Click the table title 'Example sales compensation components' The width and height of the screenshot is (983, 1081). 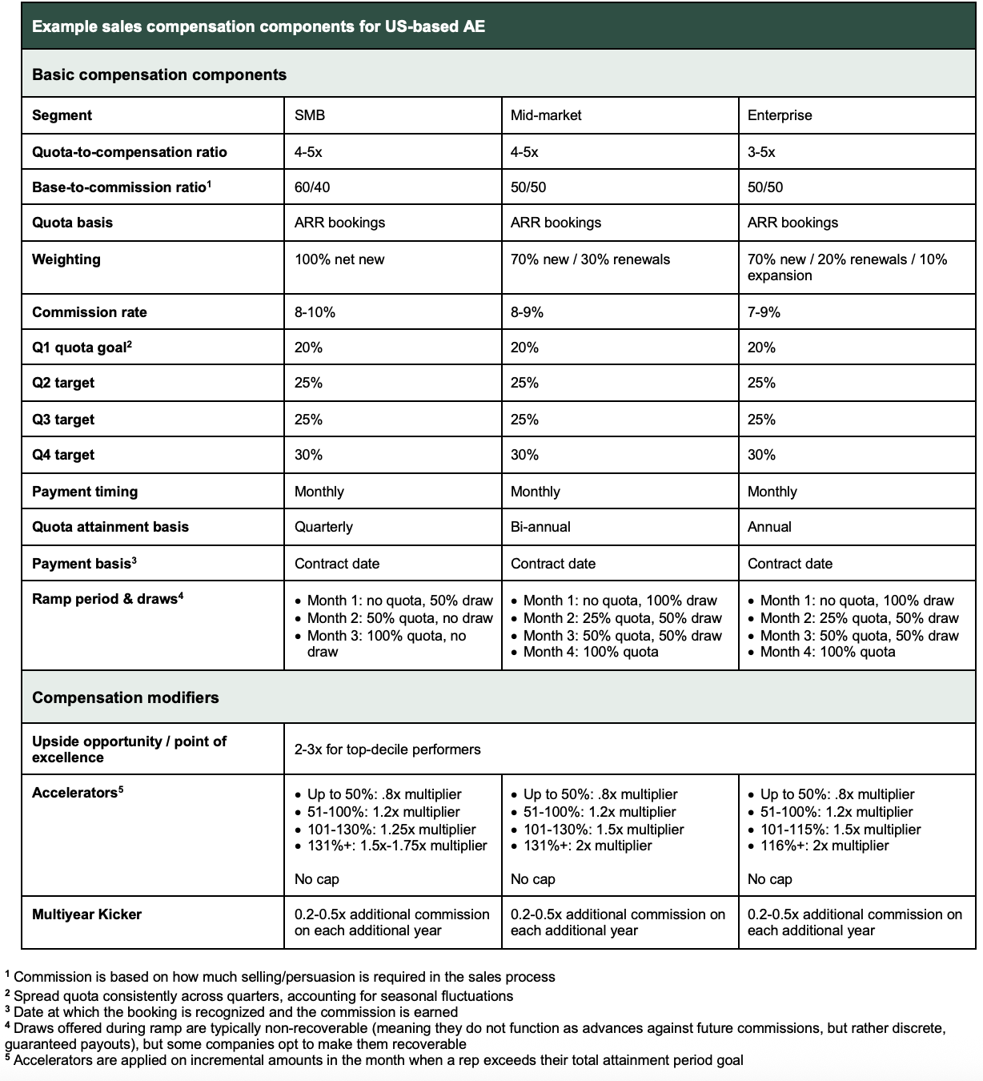point(258,26)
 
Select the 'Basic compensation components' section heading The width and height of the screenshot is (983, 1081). point(158,74)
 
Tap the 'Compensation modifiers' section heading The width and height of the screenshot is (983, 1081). point(125,697)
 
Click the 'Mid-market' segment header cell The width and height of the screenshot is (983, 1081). point(546,115)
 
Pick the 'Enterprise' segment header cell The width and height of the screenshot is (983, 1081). point(779,115)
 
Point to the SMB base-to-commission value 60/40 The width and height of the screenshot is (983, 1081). point(312,187)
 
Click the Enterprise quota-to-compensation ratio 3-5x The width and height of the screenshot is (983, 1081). point(761,152)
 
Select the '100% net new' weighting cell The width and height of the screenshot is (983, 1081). point(339,259)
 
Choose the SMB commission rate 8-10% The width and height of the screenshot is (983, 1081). point(315,312)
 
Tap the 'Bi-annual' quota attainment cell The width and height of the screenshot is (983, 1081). point(540,527)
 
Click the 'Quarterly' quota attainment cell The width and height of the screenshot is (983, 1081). point(323,527)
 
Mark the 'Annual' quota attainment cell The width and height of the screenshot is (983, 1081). point(769,527)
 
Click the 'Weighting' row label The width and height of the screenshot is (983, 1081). point(66,259)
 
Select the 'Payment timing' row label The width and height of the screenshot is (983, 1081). point(85,492)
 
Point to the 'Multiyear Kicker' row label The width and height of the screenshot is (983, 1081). point(86,914)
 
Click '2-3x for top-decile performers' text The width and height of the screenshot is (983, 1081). point(387,749)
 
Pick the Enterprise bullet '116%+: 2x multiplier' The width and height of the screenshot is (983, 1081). point(824,846)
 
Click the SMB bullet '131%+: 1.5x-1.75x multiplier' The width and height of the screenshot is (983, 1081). point(397,846)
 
